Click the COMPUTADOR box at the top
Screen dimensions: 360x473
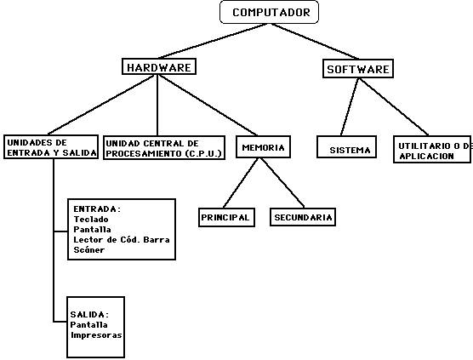pyautogui.click(x=270, y=12)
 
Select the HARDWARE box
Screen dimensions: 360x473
pyautogui.click(x=160, y=66)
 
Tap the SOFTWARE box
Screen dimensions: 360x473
pyautogui.click(x=357, y=69)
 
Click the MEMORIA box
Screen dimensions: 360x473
pyautogui.click(x=263, y=147)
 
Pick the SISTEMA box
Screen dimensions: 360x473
pyautogui.click(x=350, y=149)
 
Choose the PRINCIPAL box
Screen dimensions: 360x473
pyautogui.click(x=225, y=217)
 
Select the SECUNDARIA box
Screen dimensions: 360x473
pyautogui.click(x=303, y=217)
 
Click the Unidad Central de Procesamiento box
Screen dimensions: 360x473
pyautogui.click(x=163, y=147)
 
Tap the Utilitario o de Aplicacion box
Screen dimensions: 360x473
pyautogui.click(x=433, y=151)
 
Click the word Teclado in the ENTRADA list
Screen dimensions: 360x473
pyautogui.click(x=91, y=219)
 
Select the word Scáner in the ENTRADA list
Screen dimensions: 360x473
pyautogui.click(x=88, y=250)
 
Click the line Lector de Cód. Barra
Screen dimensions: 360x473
pyautogui.click(x=121, y=240)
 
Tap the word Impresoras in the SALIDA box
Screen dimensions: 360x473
pyautogui.click(x=96, y=334)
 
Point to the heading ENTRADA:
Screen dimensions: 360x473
pyautogui.click(x=97, y=209)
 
